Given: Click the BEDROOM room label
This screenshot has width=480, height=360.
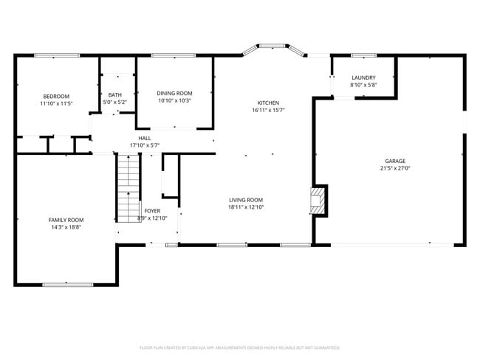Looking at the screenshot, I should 56,97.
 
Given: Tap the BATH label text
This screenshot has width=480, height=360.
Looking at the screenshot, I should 115,94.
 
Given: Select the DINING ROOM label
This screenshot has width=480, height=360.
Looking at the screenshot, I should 174,93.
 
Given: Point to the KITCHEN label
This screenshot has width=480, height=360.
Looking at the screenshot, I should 268,103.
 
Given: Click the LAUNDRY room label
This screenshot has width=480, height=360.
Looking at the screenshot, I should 363,77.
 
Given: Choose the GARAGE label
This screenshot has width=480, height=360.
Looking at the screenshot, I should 394,161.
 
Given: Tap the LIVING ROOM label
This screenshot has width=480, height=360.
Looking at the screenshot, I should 246,200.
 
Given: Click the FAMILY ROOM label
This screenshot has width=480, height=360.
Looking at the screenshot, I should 66,220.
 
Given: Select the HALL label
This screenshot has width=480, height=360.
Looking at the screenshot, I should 145,138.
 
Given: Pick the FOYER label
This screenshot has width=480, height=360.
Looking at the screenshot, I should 152,211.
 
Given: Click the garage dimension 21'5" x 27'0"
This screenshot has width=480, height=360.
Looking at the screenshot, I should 394,168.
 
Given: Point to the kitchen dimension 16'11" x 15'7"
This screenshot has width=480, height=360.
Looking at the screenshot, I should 268,110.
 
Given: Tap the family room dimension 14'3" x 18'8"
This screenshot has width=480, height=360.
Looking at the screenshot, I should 66,227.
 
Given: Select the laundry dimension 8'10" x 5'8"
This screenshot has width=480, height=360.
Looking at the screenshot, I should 363,85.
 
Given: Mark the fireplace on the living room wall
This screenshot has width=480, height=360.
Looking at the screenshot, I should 318,199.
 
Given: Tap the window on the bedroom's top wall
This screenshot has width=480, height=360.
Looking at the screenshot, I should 55,55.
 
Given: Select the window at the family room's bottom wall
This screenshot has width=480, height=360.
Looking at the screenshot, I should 67,284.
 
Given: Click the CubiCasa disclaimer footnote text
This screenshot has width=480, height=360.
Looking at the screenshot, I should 239,347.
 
